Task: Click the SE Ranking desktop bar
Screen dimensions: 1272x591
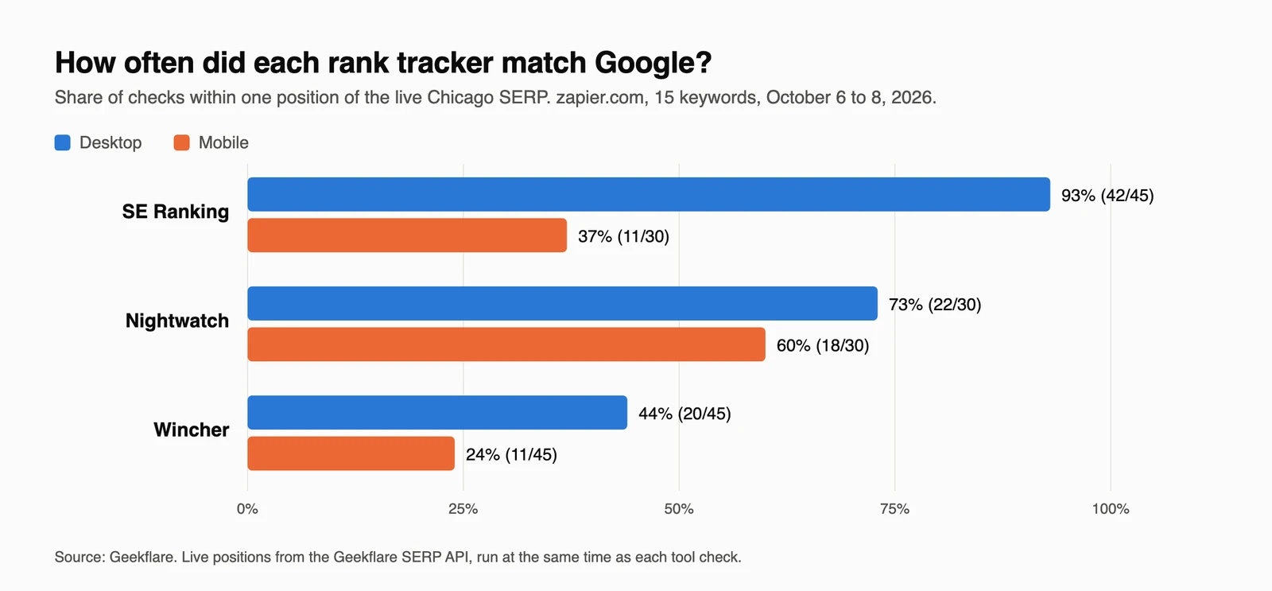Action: point(649,194)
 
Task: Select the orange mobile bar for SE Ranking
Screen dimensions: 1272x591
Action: point(407,235)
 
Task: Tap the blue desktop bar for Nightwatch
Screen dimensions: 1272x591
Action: point(562,304)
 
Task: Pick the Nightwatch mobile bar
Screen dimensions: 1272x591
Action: point(506,344)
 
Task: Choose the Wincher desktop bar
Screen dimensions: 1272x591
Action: point(437,413)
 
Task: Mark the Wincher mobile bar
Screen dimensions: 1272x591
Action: point(351,453)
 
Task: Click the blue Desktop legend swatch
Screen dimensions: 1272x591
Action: point(63,142)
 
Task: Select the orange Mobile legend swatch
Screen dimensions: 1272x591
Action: point(182,142)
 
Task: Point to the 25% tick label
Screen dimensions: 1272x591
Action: point(463,509)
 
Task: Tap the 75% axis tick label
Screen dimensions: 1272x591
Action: point(895,509)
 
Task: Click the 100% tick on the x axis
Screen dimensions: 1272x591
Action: point(1111,509)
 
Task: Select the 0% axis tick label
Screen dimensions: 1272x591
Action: point(247,509)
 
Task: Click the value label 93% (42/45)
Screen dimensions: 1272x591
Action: point(1107,196)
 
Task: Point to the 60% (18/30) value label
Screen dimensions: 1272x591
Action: point(823,345)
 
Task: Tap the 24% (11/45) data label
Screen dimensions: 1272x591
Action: point(512,455)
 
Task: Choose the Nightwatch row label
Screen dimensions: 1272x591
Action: point(177,321)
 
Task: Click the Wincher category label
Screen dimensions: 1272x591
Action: point(192,430)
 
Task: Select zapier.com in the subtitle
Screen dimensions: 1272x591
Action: point(600,98)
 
